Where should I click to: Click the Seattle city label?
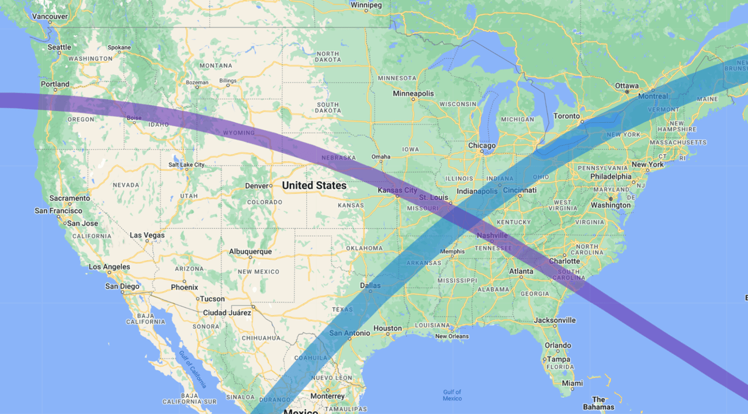pyautogui.click(x=59, y=47)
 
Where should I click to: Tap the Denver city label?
pyautogui.click(x=257, y=186)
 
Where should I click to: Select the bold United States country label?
pyautogui.click(x=314, y=185)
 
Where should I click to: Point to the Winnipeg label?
pyautogui.click(x=366, y=5)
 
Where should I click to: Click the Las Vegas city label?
pyautogui.click(x=147, y=236)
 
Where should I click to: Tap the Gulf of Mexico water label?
pyautogui.click(x=452, y=395)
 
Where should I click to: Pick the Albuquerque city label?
pyautogui.click(x=250, y=251)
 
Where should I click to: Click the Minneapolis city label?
pyautogui.click(x=413, y=94)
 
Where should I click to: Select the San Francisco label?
pyautogui.click(x=58, y=211)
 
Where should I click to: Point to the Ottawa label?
pyautogui.click(x=626, y=86)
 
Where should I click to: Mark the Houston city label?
pyautogui.click(x=387, y=329)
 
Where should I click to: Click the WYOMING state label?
pyautogui.click(x=239, y=133)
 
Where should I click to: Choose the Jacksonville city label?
pyautogui.click(x=555, y=320)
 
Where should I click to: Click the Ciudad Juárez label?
pyautogui.click(x=227, y=313)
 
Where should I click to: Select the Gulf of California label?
pyautogui.click(x=193, y=370)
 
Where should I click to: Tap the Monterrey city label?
pyautogui.click(x=328, y=396)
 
